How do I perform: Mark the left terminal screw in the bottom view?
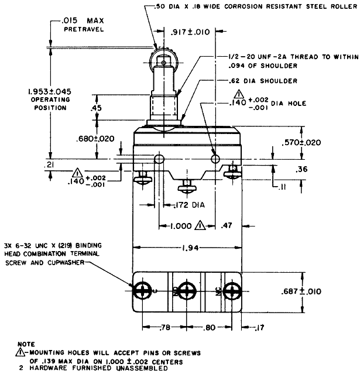point(141,291)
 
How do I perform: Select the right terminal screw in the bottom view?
point(232,291)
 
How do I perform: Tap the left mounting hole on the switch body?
point(158,159)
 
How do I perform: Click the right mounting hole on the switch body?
point(215,159)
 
